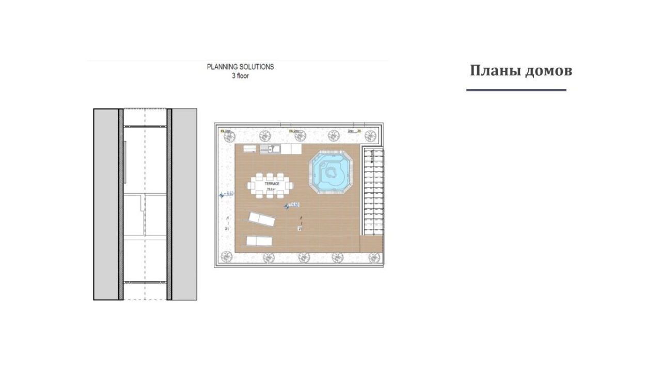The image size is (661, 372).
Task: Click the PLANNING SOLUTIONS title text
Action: click(240, 67)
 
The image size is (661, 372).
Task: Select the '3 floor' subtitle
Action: click(240, 75)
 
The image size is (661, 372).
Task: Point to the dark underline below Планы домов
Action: click(516, 90)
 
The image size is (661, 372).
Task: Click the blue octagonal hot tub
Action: click(331, 172)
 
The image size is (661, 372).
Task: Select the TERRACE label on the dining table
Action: click(272, 184)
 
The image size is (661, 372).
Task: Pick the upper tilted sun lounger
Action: click(261, 219)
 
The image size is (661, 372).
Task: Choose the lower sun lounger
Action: click(259, 240)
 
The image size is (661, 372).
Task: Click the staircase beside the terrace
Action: click(372, 191)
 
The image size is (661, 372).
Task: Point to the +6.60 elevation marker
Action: click(292, 205)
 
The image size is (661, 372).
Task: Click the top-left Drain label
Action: click(227, 131)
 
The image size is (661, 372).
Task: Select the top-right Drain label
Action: click(351, 131)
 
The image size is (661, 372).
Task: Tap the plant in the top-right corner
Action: click(370, 135)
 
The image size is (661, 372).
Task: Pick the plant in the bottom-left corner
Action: click(226, 256)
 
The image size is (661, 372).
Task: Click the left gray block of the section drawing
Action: click(106, 204)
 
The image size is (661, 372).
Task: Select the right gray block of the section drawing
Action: click(184, 204)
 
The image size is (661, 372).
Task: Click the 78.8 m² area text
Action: click(270, 190)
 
